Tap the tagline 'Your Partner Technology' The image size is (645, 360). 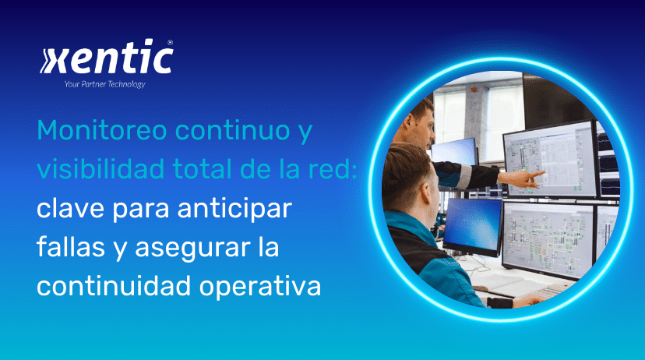(x=104, y=84)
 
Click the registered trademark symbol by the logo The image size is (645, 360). (x=170, y=44)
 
